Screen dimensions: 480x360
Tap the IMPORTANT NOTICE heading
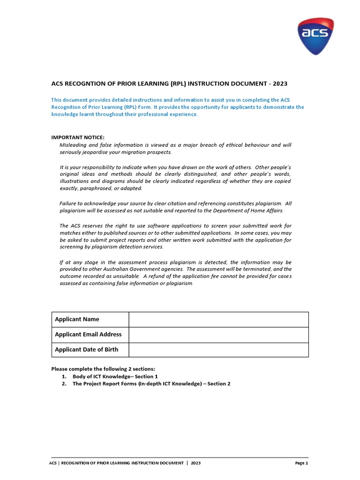(78, 137)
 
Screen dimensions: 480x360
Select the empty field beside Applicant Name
(218, 319)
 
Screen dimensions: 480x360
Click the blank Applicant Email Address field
(218, 335)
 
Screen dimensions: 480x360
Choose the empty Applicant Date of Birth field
(218, 350)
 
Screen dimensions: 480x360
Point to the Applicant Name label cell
(77, 319)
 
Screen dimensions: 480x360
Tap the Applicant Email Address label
(88, 335)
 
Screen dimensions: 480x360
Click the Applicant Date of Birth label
(86, 350)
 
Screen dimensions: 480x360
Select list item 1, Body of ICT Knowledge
(115, 376)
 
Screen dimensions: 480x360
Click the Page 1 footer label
(301, 463)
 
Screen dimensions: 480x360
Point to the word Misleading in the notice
(73, 145)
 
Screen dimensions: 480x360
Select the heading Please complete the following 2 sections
(103, 369)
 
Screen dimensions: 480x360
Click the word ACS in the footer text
(53, 463)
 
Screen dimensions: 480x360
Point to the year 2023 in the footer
(195, 463)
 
